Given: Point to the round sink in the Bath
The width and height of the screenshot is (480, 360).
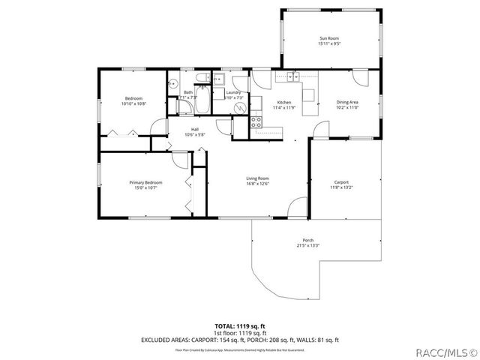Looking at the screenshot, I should [171, 85].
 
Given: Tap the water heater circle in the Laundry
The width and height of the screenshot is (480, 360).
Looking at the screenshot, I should [240, 107].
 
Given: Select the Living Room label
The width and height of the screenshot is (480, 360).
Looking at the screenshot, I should [257, 178].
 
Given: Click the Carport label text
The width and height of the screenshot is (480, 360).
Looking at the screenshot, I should [341, 182].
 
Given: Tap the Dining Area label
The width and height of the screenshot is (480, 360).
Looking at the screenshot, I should [347, 102].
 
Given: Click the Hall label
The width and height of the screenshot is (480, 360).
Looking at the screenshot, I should [194, 129].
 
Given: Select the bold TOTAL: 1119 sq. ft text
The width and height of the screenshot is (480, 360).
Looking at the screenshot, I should [239, 326].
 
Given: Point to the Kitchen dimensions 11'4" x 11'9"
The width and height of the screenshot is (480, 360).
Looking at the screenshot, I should [284, 107].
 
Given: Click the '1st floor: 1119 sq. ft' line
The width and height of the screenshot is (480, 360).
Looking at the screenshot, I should [239, 332].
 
